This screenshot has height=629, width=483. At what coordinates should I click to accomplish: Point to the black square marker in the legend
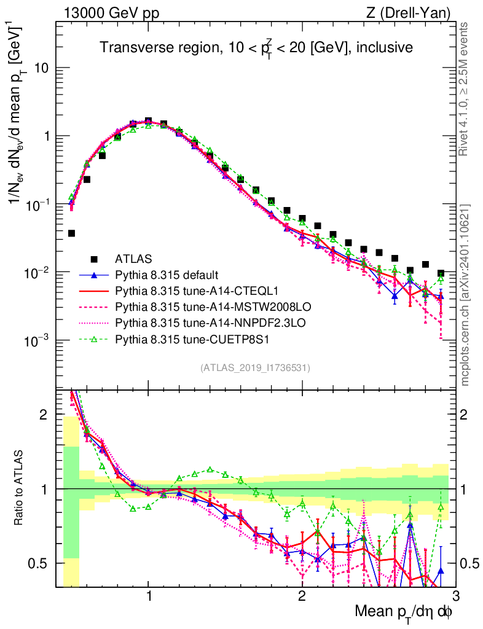coord(94,259)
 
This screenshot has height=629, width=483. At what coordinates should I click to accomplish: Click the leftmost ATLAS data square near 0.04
coord(71,233)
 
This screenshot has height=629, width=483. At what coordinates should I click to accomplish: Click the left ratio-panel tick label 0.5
coord(41,563)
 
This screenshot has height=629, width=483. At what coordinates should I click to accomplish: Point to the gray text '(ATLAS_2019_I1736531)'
coord(255,368)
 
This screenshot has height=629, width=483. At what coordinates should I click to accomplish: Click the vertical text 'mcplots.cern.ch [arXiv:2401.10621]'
coord(466,295)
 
